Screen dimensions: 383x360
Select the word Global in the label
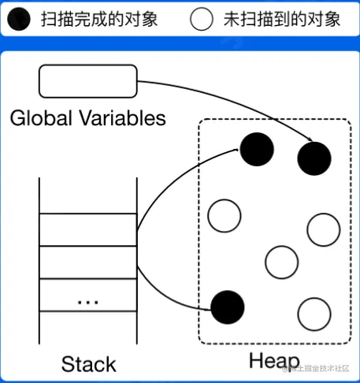[37, 119]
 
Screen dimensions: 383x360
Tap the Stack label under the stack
[88, 364]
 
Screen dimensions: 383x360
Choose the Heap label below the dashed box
[274, 361]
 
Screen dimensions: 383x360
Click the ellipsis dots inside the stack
[87, 301]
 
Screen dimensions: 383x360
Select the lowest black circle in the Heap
[228, 306]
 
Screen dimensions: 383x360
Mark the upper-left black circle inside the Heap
[256, 149]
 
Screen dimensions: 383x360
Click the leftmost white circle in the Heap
[224, 214]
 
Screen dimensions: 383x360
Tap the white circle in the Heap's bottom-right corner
[314, 314]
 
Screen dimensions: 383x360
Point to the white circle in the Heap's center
[283, 261]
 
